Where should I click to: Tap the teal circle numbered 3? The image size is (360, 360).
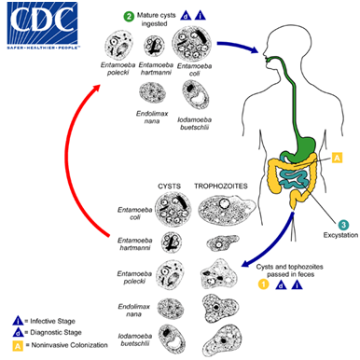point(343,225)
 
